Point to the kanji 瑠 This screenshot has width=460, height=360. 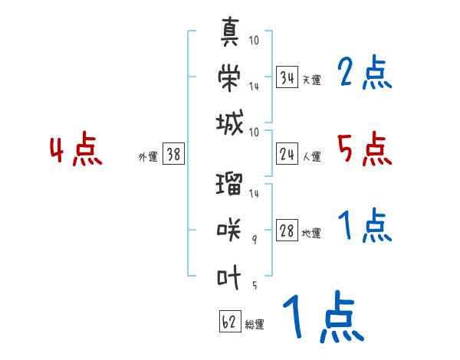(x=230, y=185)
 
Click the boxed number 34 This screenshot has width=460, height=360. (x=287, y=77)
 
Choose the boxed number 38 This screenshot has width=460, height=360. (x=173, y=155)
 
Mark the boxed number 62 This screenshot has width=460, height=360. (x=228, y=322)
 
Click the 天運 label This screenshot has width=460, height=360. (x=311, y=80)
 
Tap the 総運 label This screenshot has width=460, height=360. (x=255, y=325)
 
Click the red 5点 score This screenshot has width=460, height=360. (x=364, y=149)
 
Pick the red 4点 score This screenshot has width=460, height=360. (x=75, y=150)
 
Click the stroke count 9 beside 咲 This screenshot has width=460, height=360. (x=255, y=239)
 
